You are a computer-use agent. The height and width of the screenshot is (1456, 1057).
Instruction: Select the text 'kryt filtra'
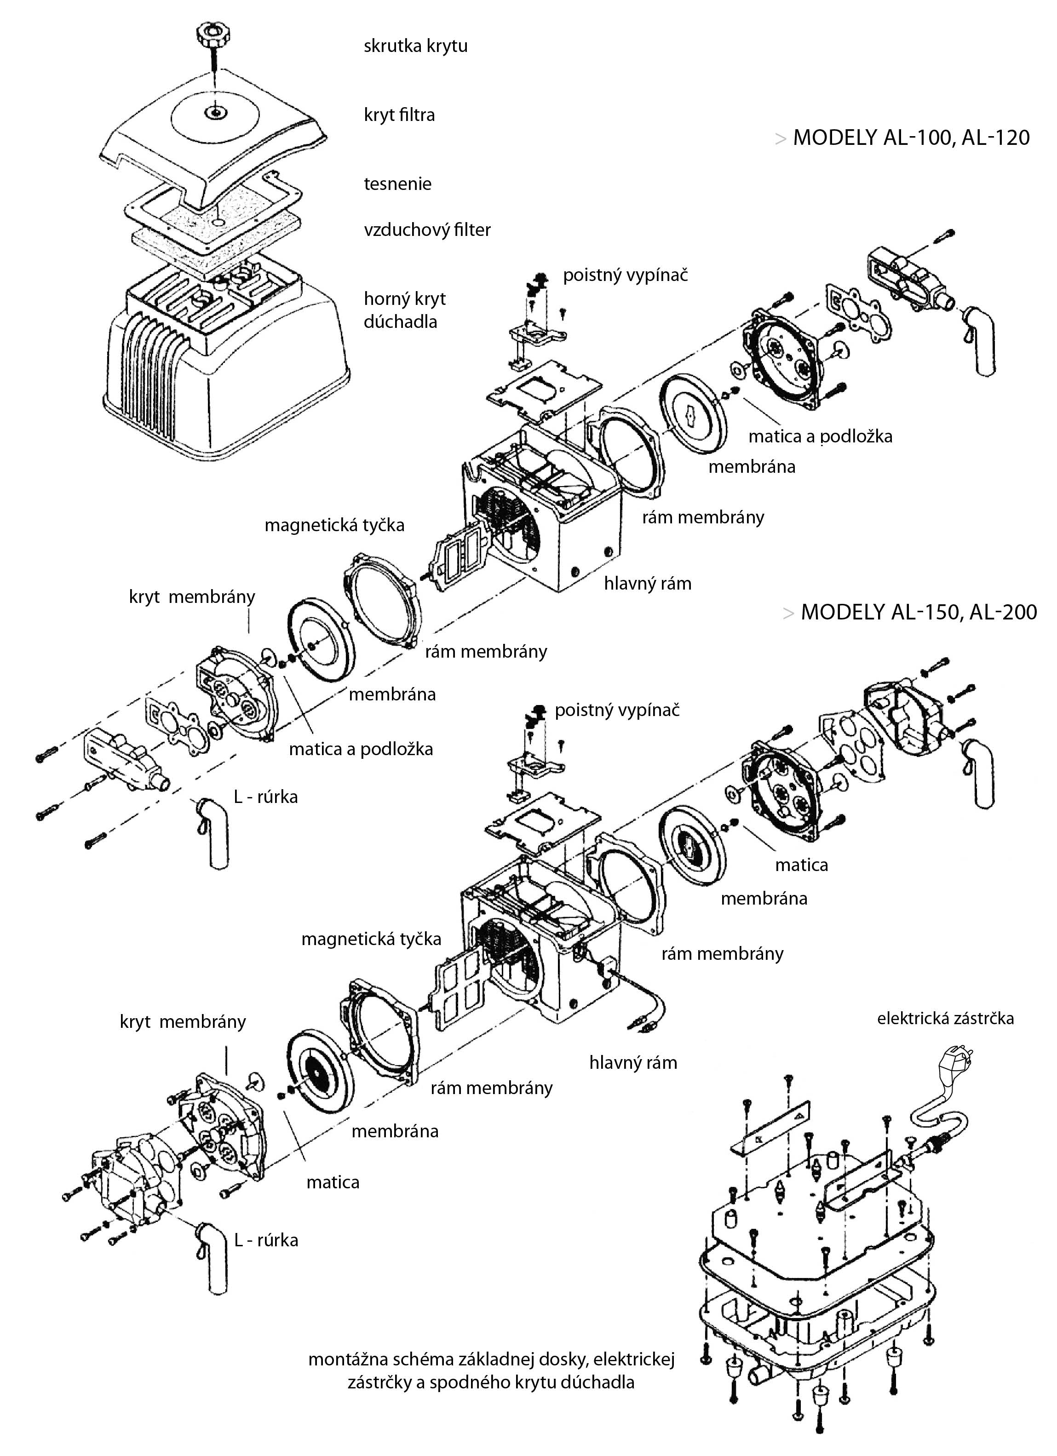399,115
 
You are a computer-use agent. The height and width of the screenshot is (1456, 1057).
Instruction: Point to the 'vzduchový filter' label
427,230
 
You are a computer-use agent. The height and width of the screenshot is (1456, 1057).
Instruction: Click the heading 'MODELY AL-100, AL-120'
911,138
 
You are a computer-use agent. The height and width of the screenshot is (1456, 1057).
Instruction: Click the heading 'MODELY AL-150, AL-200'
918,612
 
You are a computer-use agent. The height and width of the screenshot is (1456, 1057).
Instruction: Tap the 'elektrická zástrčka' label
945,1018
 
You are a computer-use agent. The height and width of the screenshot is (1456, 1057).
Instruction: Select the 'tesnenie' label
397,184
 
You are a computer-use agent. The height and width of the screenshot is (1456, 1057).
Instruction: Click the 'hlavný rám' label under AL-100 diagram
647,584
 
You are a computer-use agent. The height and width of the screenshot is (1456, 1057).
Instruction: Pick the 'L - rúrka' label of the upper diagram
266,797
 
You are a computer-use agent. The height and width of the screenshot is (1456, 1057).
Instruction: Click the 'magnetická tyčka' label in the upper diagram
334,525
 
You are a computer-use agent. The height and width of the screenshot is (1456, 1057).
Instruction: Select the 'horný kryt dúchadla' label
405,310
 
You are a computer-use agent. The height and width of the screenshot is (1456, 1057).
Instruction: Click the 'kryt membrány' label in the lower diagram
183,1022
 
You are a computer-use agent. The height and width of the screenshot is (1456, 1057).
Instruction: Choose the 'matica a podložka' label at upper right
820,436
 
